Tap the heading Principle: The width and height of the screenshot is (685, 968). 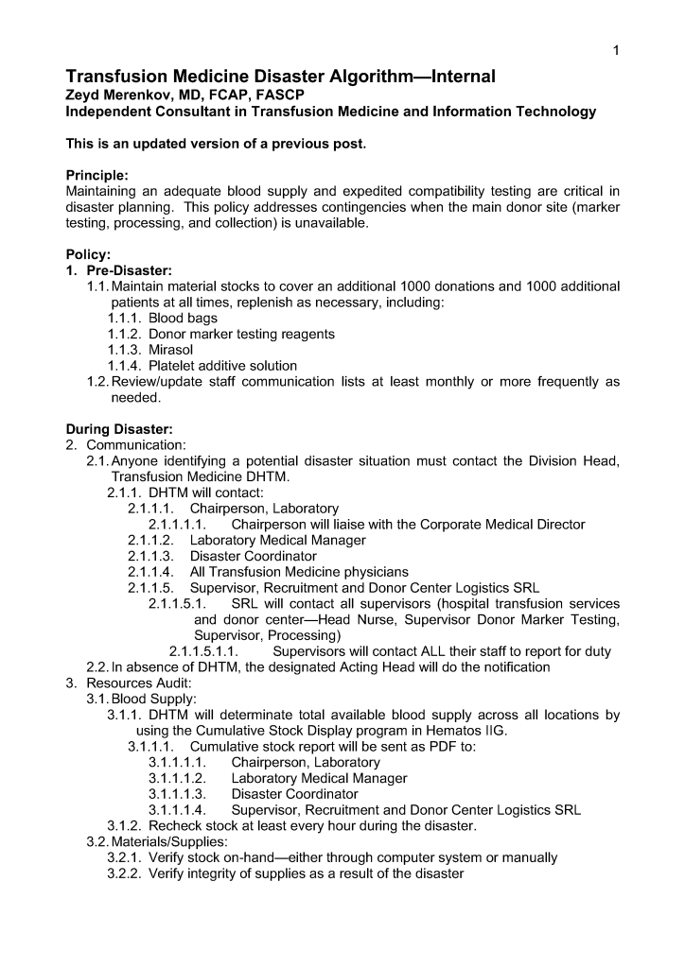[97, 175]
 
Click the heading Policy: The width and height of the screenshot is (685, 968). [88, 254]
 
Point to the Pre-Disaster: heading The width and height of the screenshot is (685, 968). [130, 270]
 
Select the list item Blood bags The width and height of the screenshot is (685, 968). [183, 319]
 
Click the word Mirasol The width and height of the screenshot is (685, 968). [170, 350]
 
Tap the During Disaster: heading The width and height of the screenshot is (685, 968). [118, 429]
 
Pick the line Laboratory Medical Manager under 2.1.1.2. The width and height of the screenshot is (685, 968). [277, 541]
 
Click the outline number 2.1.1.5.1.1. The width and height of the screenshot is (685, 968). [202, 651]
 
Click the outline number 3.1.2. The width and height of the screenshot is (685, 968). [125, 826]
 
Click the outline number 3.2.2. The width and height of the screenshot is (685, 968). [125, 873]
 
